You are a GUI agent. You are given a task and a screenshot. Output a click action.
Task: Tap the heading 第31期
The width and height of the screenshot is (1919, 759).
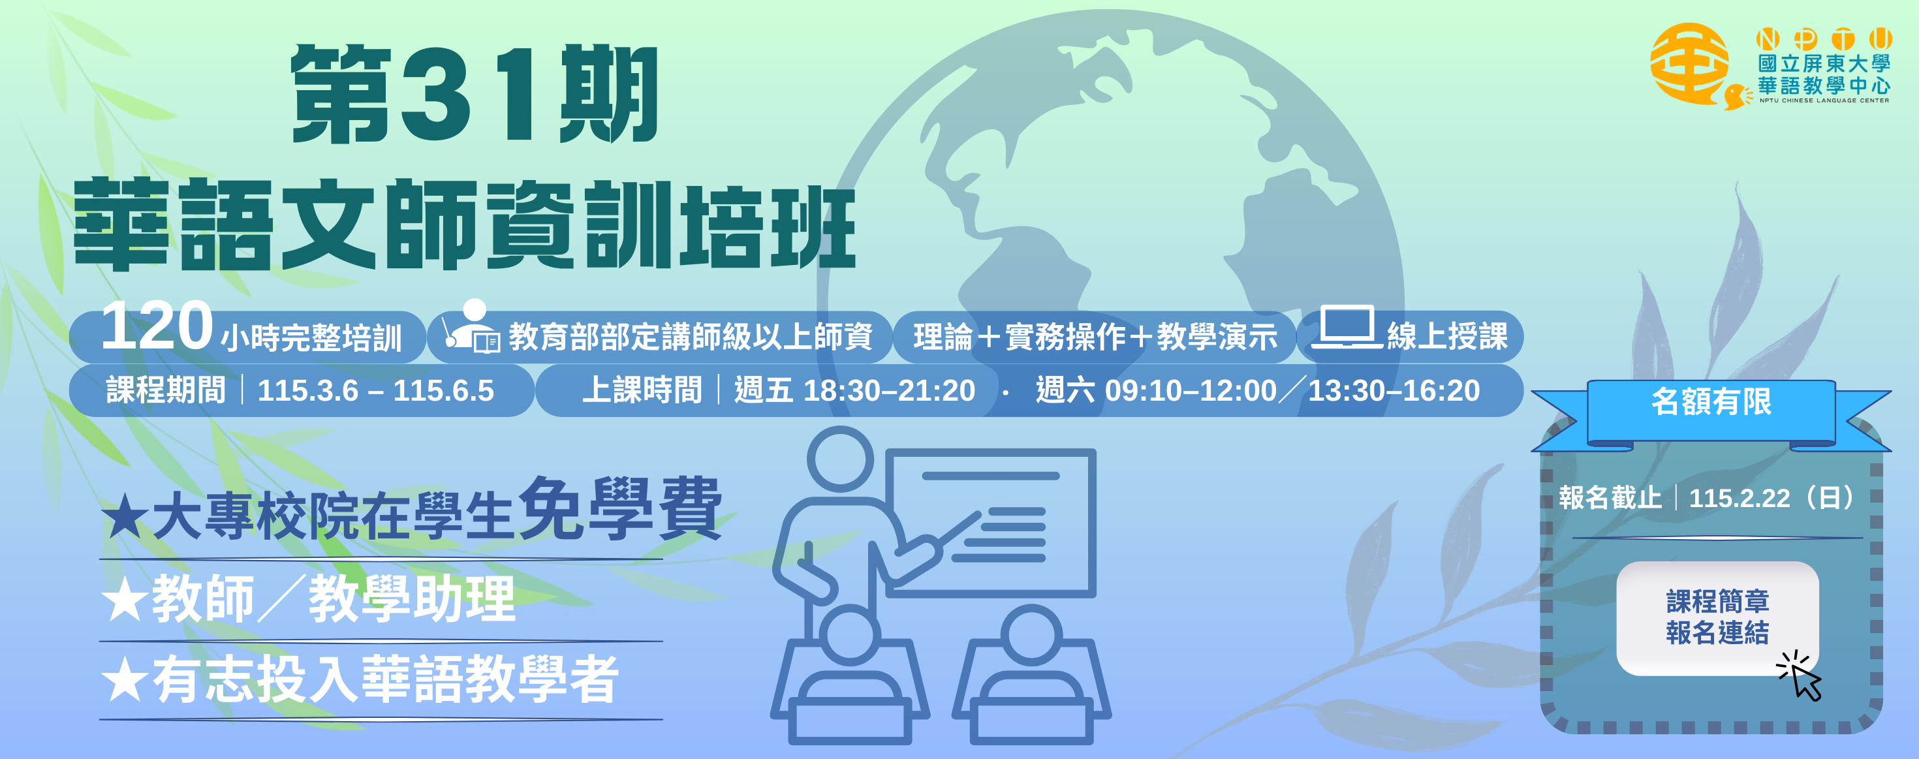475,95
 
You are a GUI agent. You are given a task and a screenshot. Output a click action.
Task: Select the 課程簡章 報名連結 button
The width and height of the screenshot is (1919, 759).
1717,617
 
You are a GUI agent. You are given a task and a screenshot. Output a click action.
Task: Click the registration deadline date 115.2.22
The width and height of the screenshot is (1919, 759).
1739,497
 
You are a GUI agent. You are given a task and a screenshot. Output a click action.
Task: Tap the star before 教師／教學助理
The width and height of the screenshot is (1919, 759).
123,600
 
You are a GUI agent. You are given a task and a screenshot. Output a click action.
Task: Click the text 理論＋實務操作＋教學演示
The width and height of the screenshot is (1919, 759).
1095,337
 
